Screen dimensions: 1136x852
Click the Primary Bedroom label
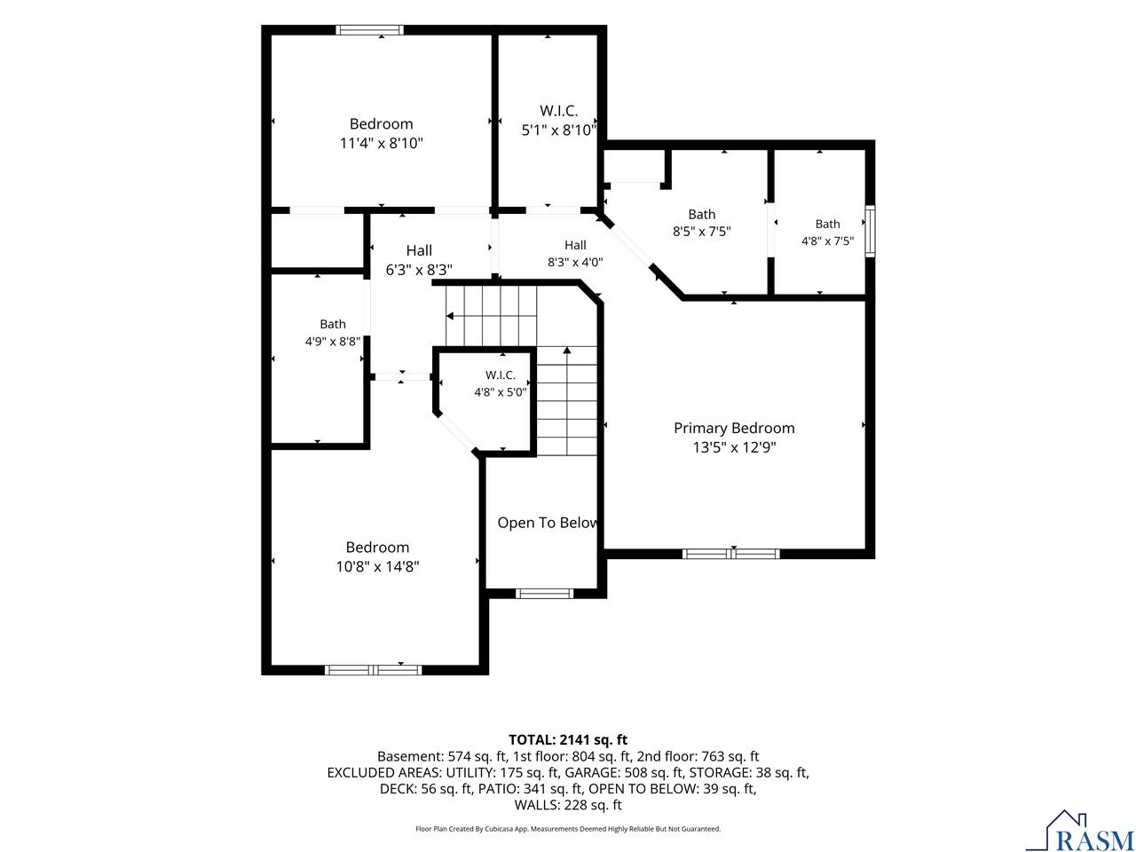(x=734, y=428)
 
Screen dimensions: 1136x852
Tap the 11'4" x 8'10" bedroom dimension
(x=381, y=143)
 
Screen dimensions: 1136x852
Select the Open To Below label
(x=548, y=523)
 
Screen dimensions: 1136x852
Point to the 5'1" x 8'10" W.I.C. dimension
(x=559, y=130)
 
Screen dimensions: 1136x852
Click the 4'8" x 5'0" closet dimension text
(x=500, y=392)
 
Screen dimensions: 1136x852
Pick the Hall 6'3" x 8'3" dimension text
(x=419, y=270)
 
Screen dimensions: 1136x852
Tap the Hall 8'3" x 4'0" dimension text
(x=575, y=263)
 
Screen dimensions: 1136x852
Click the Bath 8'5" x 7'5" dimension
(x=701, y=232)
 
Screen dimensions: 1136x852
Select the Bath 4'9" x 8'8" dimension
(x=332, y=342)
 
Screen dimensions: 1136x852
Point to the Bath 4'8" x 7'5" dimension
(x=827, y=241)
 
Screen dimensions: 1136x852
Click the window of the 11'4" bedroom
(x=369, y=30)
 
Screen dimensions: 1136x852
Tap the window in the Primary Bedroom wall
(x=730, y=554)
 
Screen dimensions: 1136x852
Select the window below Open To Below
(x=544, y=594)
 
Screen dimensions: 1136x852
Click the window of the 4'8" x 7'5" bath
(x=870, y=232)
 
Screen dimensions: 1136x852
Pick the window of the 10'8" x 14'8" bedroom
(x=373, y=670)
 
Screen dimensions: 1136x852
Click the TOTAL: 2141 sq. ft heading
(x=568, y=740)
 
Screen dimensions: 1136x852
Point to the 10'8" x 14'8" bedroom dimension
(x=377, y=566)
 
